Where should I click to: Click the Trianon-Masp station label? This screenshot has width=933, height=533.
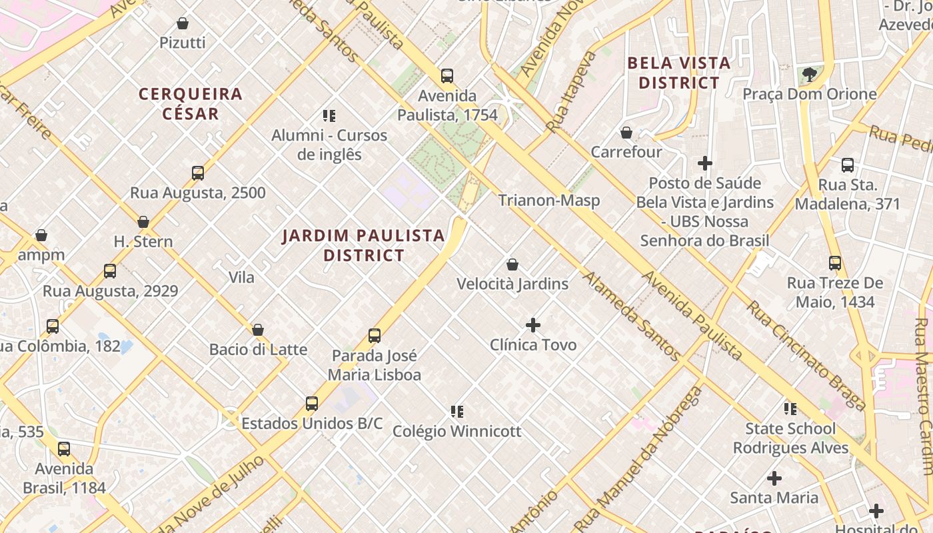[x=549, y=201]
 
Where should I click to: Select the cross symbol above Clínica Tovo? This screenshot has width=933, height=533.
[x=533, y=325]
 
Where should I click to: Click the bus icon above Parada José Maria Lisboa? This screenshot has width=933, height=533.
[x=375, y=336]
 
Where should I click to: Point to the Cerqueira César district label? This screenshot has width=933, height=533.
[x=191, y=103]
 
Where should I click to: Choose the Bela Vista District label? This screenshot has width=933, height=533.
[x=679, y=73]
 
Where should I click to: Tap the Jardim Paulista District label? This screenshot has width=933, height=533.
[x=363, y=245]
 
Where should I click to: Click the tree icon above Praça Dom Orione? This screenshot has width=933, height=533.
[x=810, y=75]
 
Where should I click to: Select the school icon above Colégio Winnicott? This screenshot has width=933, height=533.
[x=457, y=412]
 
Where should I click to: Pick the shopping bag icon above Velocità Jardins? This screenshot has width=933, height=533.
[x=512, y=265]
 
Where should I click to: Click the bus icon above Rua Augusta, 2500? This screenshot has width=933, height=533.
[x=198, y=173]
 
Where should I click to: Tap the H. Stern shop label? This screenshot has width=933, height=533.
[x=143, y=242]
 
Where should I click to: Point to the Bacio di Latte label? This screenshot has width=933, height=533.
[x=259, y=350]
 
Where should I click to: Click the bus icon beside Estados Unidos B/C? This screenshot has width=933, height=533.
[x=312, y=403]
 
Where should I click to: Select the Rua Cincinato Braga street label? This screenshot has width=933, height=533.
[x=805, y=355]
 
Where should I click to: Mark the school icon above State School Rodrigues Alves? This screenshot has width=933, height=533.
[x=790, y=409]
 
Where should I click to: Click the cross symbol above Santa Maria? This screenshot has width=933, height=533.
[x=774, y=478]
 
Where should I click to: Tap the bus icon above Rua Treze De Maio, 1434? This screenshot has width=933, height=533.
[x=835, y=263]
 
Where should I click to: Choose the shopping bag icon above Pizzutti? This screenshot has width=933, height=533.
[x=183, y=24]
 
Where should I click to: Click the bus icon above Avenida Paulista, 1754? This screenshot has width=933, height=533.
[x=447, y=76]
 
